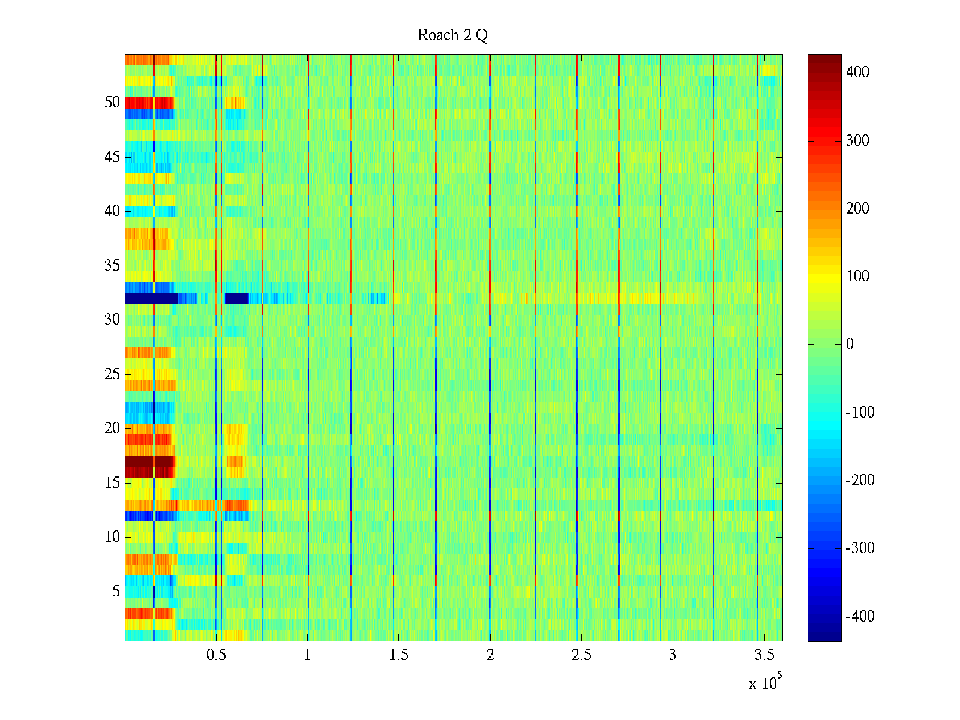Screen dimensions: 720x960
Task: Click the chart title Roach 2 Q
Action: [x=452, y=35]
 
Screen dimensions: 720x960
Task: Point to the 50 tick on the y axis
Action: [x=112, y=103]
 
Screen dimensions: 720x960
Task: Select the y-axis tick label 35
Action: [x=112, y=266]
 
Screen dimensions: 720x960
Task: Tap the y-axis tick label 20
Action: [x=112, y=428]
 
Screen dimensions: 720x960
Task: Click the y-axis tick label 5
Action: [x=116, y=592]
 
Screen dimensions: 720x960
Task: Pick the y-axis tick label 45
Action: [x=112, y=157]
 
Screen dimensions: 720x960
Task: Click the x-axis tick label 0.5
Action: [x=216, y=655]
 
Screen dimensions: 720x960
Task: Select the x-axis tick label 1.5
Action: [x=399, y=655]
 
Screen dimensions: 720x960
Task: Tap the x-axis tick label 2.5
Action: [x=581, y=655]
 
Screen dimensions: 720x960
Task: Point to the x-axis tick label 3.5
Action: [x=764, y=655]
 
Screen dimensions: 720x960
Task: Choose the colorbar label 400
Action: [x=857, y=73]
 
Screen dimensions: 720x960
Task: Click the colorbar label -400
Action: [x=860, y=617]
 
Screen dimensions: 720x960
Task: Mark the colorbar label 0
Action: [x=849, y=344]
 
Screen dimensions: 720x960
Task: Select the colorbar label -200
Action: [x=860, y=481]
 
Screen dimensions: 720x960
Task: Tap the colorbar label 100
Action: [x=857, y=277]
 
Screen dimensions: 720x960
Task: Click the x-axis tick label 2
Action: [x=490, y=655]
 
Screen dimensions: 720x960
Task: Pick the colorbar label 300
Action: [x=857, y=141]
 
